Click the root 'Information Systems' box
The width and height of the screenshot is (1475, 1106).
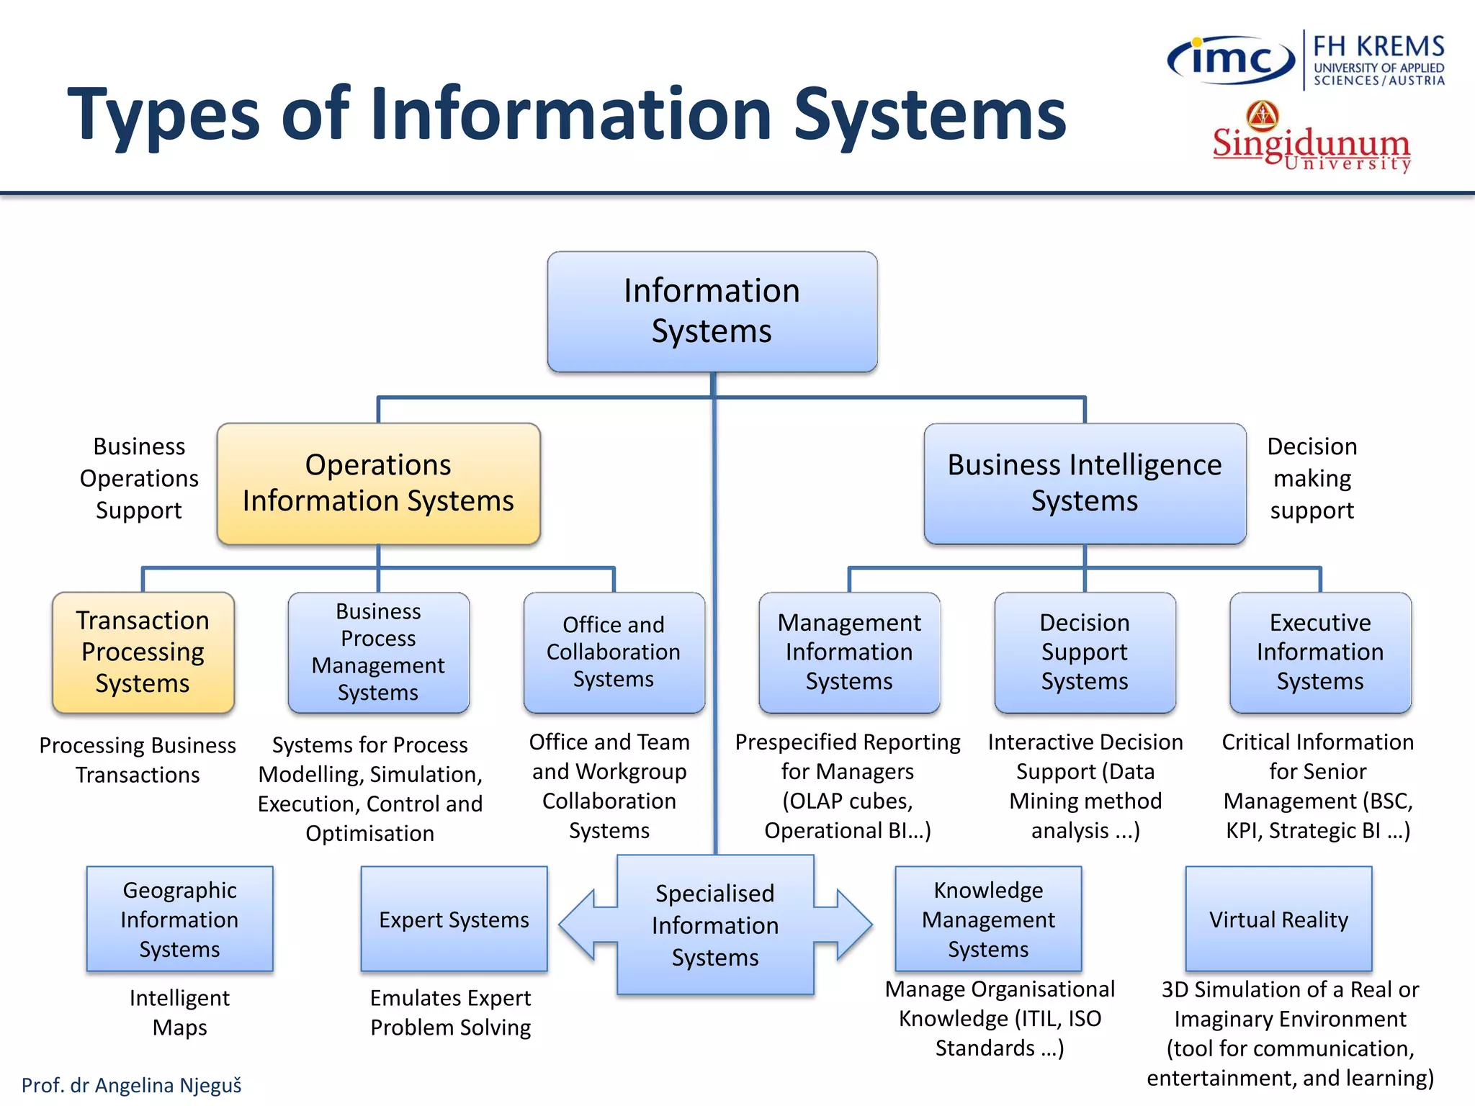tap(712, 311)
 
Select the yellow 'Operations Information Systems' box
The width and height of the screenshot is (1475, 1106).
tap(378, 483)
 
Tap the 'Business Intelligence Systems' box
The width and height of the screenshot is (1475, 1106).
tap(1085, 483)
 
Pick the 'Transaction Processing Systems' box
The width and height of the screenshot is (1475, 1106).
tap(143, 652)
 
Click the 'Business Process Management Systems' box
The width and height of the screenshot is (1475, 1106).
tap(378, 652)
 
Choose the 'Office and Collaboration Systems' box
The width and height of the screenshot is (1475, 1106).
tap(614, 652)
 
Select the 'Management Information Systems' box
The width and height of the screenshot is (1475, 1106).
tap(849, 652)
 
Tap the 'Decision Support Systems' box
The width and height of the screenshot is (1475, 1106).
tap(1085, 652)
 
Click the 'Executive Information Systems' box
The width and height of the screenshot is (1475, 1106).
tap(1320, 652)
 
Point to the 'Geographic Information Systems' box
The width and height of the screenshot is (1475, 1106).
tap(179, 920)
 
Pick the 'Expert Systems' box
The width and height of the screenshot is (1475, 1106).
tap(454, 920)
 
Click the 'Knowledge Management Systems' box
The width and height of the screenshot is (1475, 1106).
tap(988, 920)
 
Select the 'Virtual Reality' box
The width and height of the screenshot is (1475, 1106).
tap(1278, 920)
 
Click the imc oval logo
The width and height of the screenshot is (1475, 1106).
tap(1231, 60)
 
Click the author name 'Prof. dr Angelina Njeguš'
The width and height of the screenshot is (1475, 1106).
tap(132, 1085)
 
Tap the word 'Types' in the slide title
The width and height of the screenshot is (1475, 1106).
tap(163, 115)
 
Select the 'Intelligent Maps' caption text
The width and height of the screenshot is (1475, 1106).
tap(179, 1012)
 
